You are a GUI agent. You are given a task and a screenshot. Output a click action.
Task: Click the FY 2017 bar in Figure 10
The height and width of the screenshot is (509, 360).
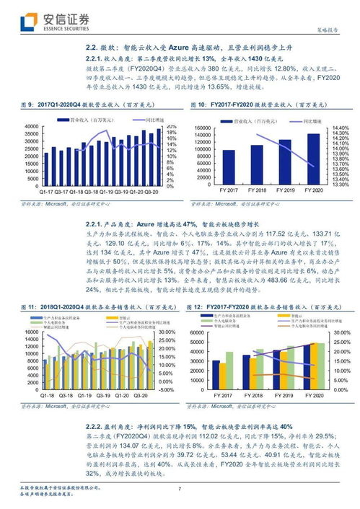[228, 167]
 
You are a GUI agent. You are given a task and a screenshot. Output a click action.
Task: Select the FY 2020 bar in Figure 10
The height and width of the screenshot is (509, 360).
[314, 159]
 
